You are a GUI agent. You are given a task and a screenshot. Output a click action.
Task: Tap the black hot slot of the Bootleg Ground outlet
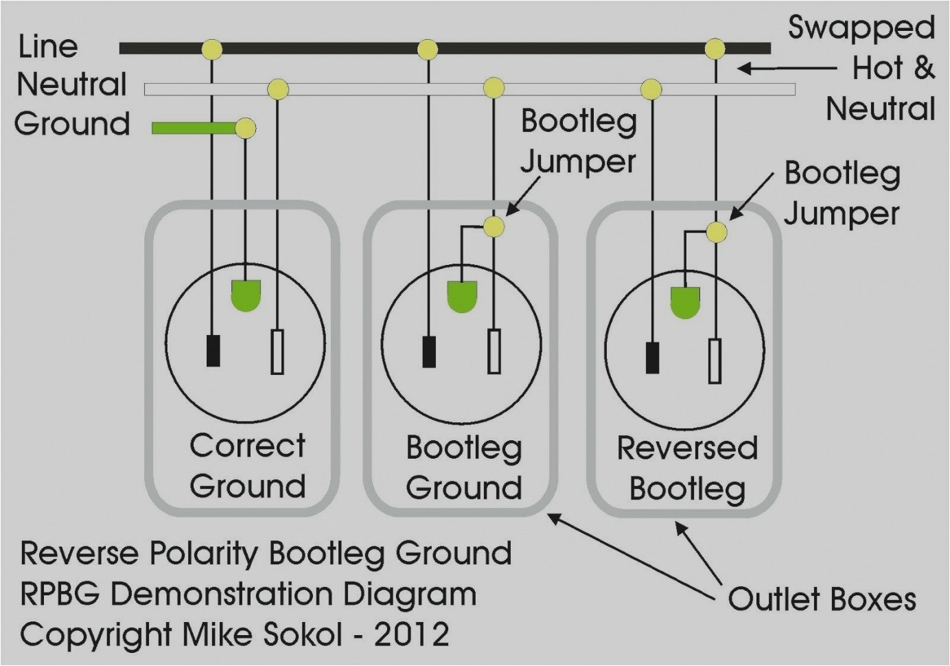tap(430, 352)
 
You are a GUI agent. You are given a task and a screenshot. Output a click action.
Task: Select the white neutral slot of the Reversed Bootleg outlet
tap(715, 360)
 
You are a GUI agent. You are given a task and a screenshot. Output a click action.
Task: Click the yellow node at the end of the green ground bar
tap(245, 128)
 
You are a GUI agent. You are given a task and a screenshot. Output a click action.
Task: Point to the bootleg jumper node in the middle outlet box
tap(494, 227)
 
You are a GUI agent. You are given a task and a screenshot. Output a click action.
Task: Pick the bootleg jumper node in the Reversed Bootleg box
tap(716, 232)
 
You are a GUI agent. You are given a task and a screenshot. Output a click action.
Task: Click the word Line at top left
tap(48, 47)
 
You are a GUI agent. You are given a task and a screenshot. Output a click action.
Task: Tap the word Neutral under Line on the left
tap(72, 84)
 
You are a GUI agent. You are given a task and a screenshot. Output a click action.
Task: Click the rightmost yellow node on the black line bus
tap(715, 49)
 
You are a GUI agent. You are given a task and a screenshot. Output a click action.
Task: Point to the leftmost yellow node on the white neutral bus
tap(277, 89)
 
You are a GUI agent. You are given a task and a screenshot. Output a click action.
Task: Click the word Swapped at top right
tap(861, 29)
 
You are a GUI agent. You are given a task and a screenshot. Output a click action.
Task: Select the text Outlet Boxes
tap(821, 599)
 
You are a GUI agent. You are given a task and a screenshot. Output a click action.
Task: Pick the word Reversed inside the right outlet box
tap(687, 448)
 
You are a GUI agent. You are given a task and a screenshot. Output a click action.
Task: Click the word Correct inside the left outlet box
tap(247, 446)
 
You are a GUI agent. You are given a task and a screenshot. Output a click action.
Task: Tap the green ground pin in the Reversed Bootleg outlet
tap(685, 302)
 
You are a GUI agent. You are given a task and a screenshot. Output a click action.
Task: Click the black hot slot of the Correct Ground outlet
tap(213, 350)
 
